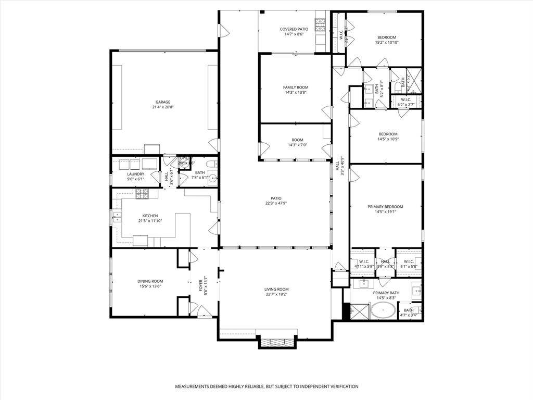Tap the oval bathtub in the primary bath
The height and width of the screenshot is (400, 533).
point(383,312)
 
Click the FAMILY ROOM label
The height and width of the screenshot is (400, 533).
point(296,87)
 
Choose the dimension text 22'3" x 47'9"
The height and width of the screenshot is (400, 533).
point(276,204)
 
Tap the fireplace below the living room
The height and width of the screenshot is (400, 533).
point(277,343)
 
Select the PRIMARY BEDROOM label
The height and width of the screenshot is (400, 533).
point(386,207)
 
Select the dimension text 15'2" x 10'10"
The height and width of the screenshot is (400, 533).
point(387,43)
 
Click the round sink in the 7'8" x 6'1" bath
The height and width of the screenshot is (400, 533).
point(213,178)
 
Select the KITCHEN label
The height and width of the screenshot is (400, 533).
point(150,216)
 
